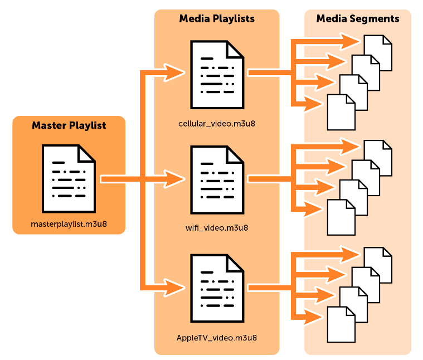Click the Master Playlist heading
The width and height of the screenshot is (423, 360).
click(69, 125)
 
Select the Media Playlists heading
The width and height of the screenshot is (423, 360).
click(217, 19)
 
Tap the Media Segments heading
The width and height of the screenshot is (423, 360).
click(358, 19)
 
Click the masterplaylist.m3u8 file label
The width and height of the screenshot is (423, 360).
click(69, 225)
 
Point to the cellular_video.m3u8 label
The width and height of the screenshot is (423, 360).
click(217, 122)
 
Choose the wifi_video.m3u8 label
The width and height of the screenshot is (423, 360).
click(217, 227)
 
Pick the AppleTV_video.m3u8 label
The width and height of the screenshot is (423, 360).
click(217, 337)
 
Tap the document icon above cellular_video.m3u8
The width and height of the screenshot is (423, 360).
click(217, 74)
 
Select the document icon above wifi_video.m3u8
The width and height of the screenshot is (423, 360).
click(217, 179)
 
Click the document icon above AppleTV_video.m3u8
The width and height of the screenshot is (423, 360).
click(217, 288)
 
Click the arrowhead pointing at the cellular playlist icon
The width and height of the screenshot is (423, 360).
click(177, 72)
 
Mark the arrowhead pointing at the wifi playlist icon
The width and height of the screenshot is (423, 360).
click(177, 179)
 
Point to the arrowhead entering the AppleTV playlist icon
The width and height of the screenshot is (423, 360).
click(177, 288)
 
